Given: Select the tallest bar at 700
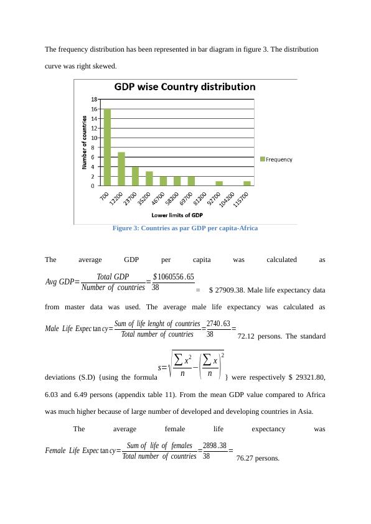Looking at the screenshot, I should [107, 147].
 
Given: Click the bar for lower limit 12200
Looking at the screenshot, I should [121, 169].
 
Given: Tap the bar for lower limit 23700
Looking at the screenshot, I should [135, 176].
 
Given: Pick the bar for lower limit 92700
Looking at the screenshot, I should [219, 183].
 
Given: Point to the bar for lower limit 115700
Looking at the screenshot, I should [247, 183].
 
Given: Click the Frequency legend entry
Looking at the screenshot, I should [276, 159].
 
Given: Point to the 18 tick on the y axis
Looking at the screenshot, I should [94, 99].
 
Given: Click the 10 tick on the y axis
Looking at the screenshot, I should [94, 138].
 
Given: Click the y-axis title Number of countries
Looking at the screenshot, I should [85, 142].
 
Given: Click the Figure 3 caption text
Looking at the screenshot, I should [185, 228].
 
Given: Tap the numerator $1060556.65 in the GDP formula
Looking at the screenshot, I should [173, 277].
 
